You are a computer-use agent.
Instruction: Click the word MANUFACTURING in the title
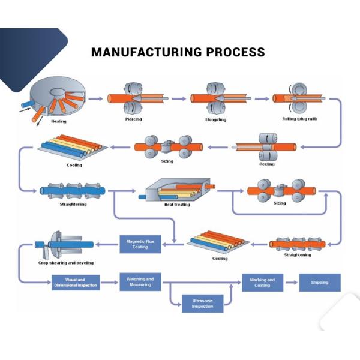(x=146, y=52)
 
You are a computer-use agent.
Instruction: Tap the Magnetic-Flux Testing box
(x=140, y=244)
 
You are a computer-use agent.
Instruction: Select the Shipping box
(x=320, y=283)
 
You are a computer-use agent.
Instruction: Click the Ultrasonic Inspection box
(x=203, y=304)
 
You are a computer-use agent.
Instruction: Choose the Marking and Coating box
(x=263, y=283)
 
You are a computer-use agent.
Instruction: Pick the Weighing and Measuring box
(x=140, y=282)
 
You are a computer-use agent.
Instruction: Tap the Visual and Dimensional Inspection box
(x=76, y=283)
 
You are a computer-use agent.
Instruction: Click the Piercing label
(x=133, y=119)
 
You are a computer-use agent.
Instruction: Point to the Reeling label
(x=267, y=164)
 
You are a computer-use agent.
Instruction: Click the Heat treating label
(x=177, y=205)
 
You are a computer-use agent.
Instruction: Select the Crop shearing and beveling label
(x=66, y=263)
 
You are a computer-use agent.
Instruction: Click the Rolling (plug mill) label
(x=299, y=119)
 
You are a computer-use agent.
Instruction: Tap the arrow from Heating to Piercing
(x=95, y=99)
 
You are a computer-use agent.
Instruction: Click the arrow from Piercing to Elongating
(x=179, y=99)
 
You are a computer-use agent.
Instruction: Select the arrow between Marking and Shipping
(x=292, y=283)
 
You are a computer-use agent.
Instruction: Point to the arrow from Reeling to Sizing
(x=218, y=147)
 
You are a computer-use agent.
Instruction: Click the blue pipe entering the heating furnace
(x=27, y=104)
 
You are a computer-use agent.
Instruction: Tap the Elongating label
(x=216, y=119)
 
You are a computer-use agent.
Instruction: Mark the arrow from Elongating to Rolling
(x=262, y=99)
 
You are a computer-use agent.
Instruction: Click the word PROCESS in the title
(x=236, y=52)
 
